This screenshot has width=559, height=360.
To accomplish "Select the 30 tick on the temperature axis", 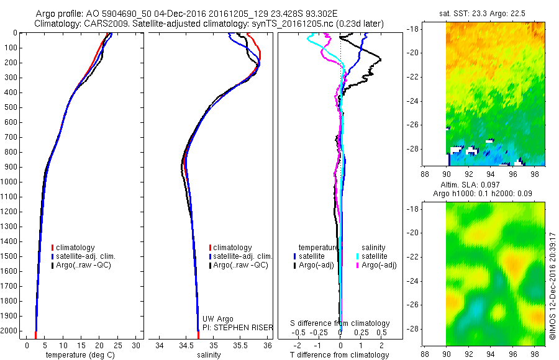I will coord(137,345).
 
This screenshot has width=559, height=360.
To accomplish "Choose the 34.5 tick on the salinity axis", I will coord(186,345).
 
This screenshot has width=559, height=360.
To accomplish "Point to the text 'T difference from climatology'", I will coord(340,355).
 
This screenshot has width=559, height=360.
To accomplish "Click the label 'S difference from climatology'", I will coord(340,323).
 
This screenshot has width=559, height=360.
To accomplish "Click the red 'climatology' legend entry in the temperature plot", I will coord(75,247).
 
